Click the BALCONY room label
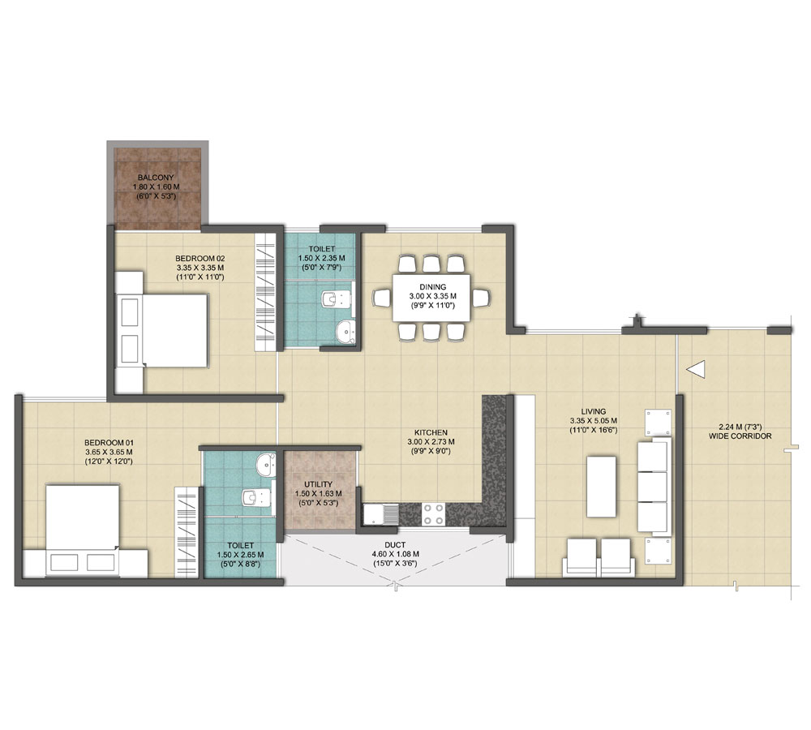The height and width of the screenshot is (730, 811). point(156,178)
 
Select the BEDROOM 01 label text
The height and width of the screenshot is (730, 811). point(109,442)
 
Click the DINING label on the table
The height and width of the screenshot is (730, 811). point(433,286)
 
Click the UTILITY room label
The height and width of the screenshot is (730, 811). point(318,484)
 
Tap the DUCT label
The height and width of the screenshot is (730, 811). point(395,545)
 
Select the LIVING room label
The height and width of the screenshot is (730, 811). point(594,412)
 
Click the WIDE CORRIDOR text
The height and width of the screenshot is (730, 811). point(740,436)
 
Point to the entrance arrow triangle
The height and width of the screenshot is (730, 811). point(696,369)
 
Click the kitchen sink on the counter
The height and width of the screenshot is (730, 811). point(380,514)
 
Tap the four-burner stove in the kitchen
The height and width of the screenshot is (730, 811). point(433,514)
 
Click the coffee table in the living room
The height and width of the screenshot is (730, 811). point(601,487)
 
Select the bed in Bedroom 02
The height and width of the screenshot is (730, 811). point(161,331)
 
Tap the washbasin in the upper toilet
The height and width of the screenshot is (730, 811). point(345,330)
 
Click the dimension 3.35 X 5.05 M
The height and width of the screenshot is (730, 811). point(594,421)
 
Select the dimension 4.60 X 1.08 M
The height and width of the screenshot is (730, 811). point(395,554)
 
